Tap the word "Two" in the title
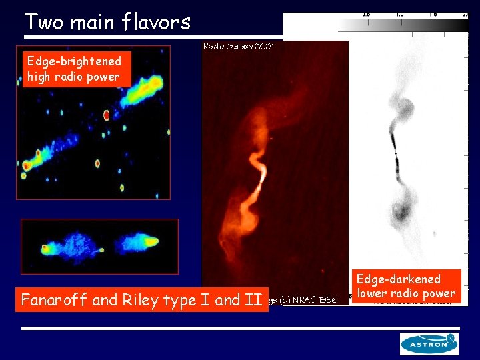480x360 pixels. [x=45, y=22]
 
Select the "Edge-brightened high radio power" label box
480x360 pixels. [x=73, y=69]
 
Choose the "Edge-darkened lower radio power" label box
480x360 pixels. [x=406, y=286]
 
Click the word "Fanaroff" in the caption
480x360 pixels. [x=54, y=300]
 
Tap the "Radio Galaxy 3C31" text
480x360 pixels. [x=240, y=46]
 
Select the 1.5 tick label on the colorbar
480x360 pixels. [x=433, y=13]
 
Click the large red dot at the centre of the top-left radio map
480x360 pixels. [x=106, y=115]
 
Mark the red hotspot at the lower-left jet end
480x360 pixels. [x=27, y=165]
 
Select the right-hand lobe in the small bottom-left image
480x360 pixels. [x=140, y=245]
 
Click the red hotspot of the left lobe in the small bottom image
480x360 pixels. [x=45, y=249]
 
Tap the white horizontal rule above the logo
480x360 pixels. [x=240, y=328]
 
